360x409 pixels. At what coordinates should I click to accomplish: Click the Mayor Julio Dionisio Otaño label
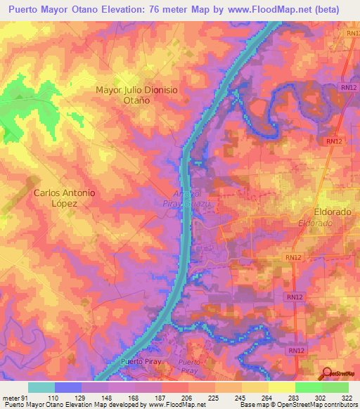coord(134,95)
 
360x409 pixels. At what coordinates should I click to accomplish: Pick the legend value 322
coord(347,398)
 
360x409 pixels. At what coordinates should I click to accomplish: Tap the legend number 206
coord(187,398)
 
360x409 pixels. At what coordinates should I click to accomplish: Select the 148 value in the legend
coord(107,398)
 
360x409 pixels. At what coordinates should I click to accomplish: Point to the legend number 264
coord(267,398)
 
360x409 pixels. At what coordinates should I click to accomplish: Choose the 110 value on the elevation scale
coord(53,398)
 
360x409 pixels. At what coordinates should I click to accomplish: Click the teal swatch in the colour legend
coord(41,387)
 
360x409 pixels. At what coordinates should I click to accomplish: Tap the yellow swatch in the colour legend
coord(281,387)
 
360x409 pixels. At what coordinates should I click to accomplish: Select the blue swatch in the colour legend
coord(67,387)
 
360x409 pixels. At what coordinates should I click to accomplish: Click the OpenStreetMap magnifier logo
coord(326,372)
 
